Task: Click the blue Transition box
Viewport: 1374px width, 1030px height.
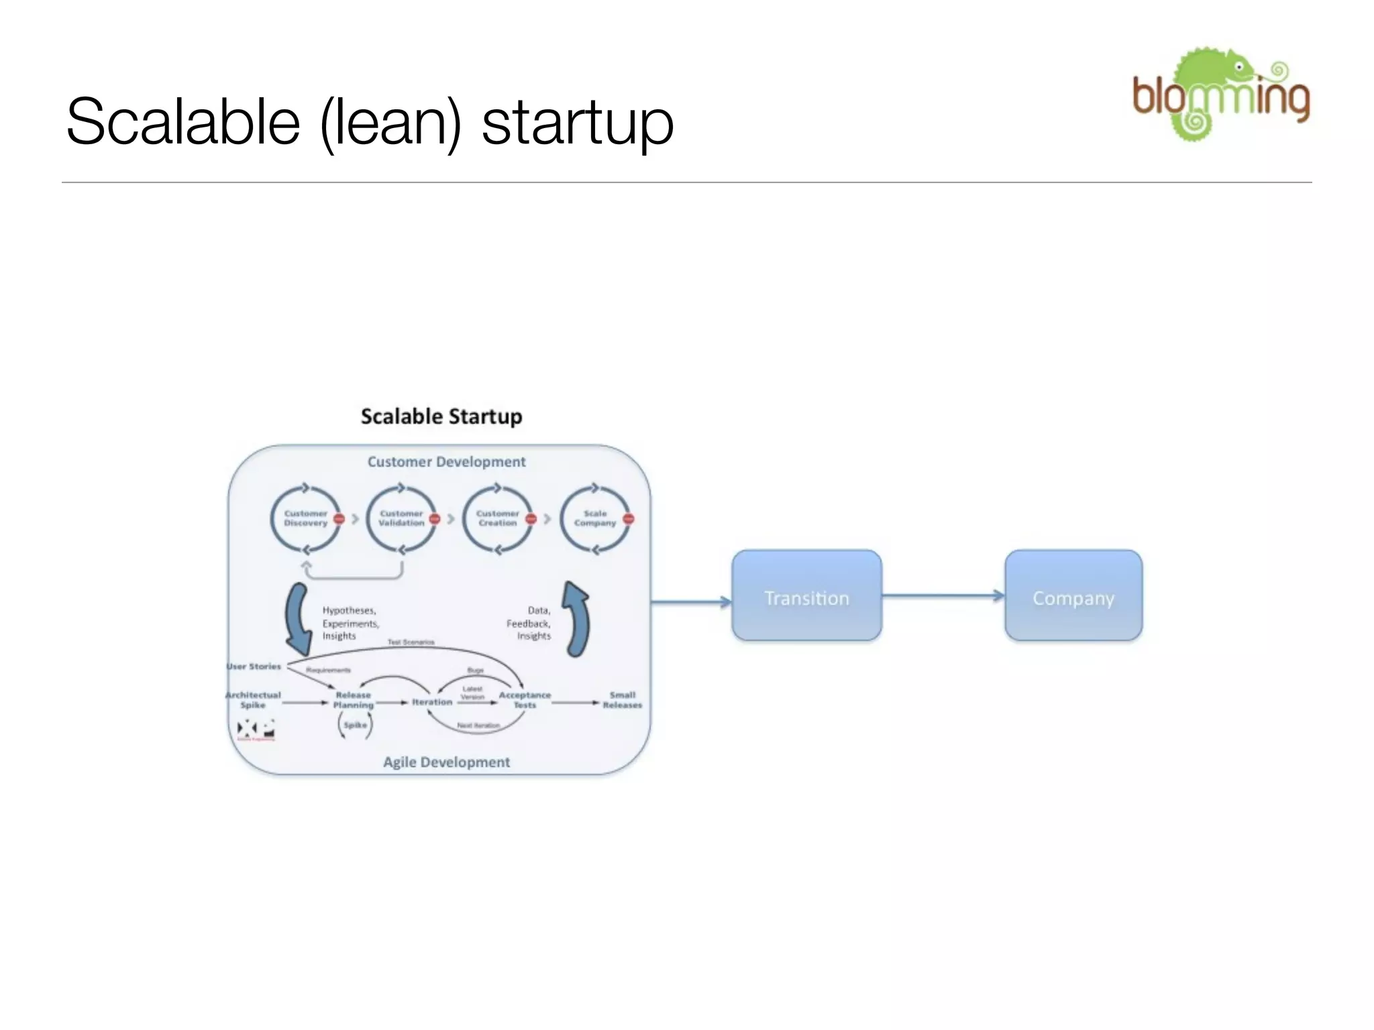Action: (x=806, y=595)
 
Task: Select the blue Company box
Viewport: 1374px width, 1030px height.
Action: (x=1073, y=595)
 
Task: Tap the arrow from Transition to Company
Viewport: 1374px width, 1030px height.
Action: (x=943, y=595)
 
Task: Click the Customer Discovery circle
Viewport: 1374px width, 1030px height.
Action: (x=306, y=519)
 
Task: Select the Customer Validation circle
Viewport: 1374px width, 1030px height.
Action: (x=401, y=519)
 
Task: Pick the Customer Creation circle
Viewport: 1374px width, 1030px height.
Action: (x=498, y=519)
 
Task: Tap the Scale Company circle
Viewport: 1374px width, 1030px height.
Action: (x=595, y=519)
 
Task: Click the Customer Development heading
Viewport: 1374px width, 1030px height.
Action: (x=446, y=462)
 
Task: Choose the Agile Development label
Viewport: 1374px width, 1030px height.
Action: (x=446, y=762)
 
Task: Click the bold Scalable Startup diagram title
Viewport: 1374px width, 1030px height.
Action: (x=441, y=416)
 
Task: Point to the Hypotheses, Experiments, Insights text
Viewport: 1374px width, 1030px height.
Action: (x=350, y=623)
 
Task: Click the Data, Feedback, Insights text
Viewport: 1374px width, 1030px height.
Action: (x=529, y=623)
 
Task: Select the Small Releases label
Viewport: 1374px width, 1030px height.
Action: (x=622, y=700)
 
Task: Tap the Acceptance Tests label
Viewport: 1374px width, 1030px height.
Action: (x=525, y=700)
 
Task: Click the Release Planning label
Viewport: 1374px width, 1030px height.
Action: (x=353, y=700)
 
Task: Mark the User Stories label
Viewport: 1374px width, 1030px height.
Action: (x=254, y=667)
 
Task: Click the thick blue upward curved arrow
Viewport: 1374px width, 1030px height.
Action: (x=577, y=618)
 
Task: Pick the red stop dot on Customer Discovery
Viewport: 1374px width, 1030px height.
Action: (x=339, y=519)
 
